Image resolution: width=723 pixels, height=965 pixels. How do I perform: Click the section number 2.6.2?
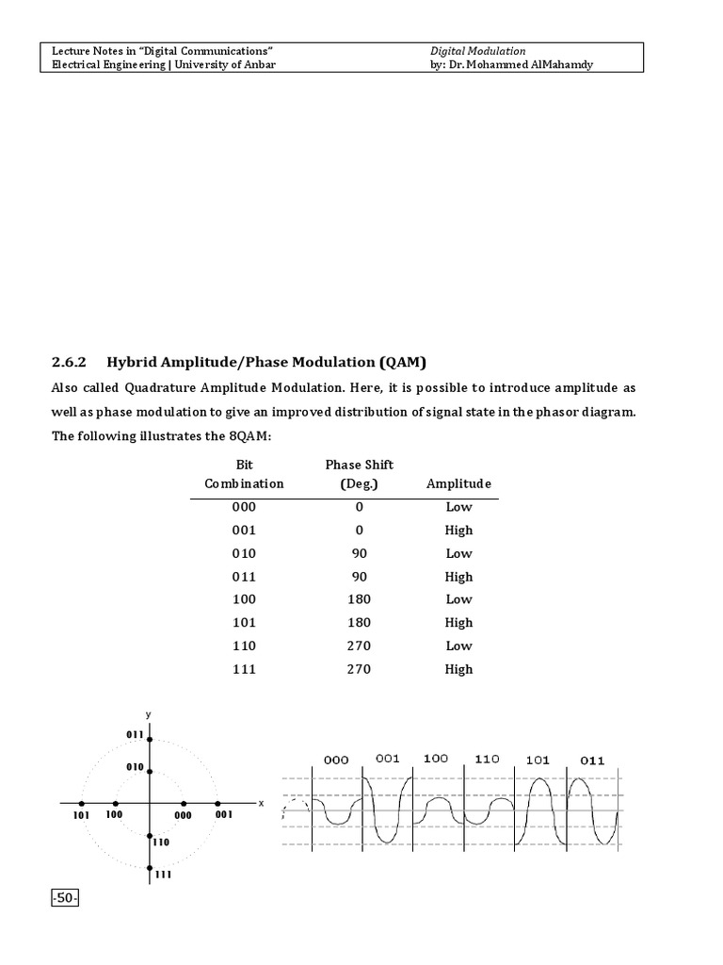coord(68,362)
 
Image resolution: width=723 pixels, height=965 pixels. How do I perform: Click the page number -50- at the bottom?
coord(65,899)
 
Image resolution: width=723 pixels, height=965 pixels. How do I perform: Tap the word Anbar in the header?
coord(258,64)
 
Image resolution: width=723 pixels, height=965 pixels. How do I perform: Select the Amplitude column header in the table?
coord(458,483)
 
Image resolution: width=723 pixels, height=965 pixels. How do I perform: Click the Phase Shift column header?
coord(359,465)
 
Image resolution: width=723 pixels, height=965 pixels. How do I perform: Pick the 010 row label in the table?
coord(243,553)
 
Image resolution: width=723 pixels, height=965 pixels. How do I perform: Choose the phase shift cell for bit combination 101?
coord(359,623)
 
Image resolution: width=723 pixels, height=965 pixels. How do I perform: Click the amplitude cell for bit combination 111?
coord(458,669)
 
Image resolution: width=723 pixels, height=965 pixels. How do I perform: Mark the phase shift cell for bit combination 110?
coord(359,646)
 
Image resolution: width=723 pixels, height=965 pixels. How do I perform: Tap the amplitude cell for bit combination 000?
coord(458,507)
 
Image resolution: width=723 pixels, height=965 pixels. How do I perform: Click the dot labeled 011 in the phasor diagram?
coord(149,738)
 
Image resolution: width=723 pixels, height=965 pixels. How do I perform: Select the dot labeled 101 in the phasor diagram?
coord(81,803)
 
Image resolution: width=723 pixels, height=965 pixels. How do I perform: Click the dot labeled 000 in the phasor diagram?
coord(183,803)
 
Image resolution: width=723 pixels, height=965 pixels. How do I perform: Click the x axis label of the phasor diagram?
coord(261,804)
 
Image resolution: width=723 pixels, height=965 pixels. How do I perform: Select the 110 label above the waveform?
coord(487,759)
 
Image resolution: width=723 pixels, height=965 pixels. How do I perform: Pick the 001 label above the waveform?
coord(388,758)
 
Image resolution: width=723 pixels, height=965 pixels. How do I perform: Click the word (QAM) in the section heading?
coord(405,362)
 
